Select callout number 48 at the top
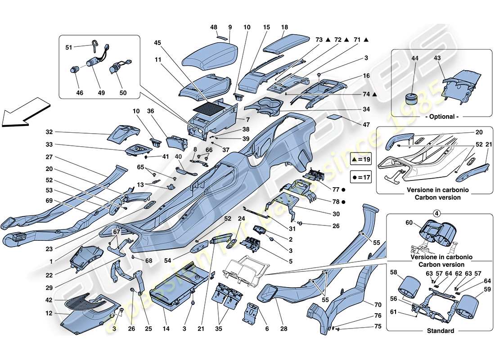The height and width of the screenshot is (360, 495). [214, 27]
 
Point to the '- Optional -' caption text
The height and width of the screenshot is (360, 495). [442, 116]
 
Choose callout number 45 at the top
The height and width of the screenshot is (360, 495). [157, 44]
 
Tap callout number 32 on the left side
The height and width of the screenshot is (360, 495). [49, 132]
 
